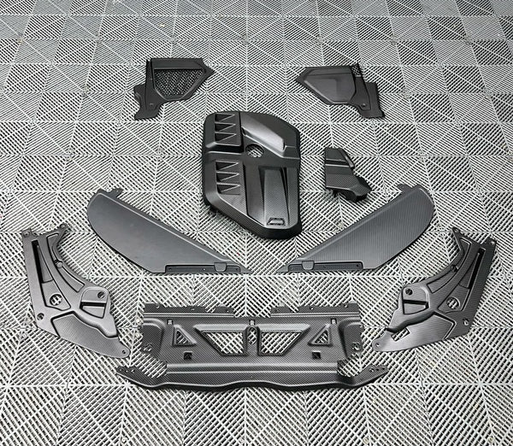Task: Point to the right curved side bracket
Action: click(x=440, y=290)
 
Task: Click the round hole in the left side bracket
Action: click(x=55, y=298)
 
